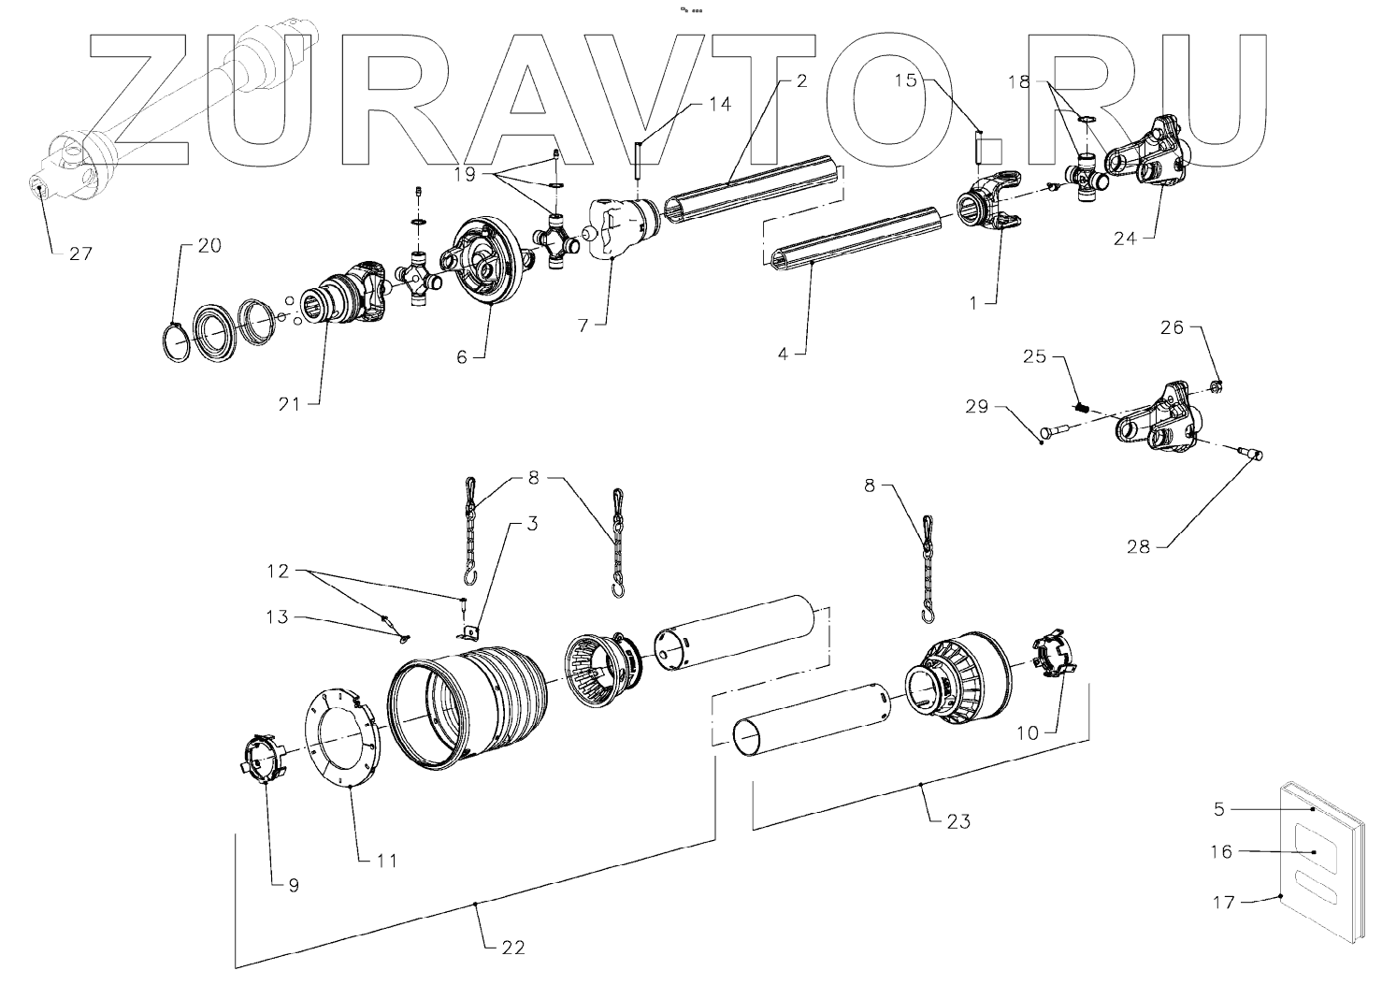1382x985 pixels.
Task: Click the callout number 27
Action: pos(81,253)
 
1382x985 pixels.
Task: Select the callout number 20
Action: pos(209,246)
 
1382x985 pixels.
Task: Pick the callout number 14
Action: pos(719,105)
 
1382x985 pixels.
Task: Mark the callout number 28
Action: pos(1138,547)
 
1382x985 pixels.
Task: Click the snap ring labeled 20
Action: pos(175,342)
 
